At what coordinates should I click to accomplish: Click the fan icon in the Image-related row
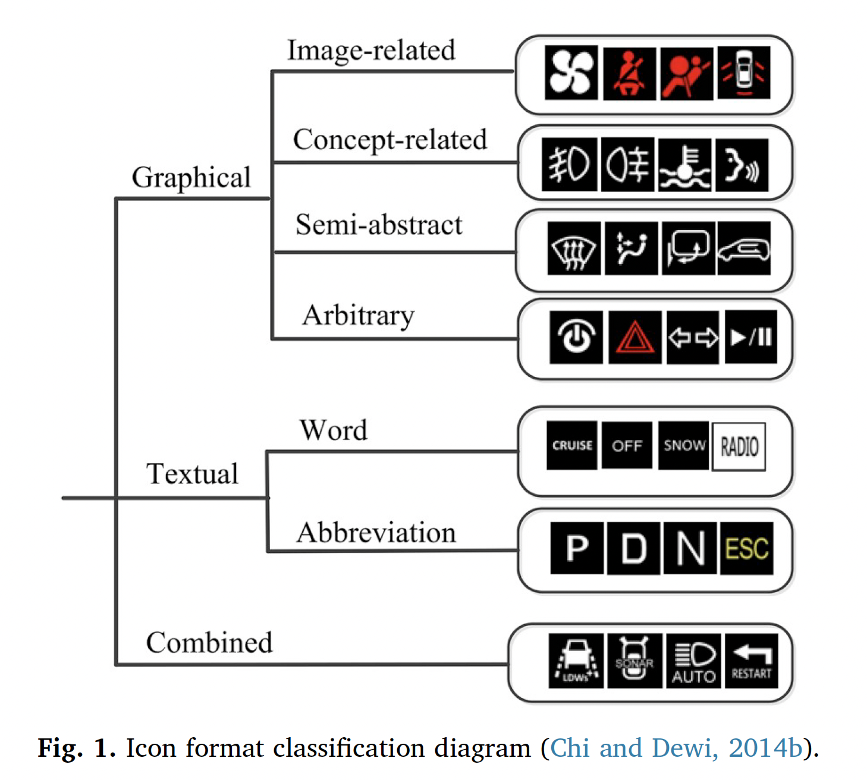pyautogui.click(x=571, y=73)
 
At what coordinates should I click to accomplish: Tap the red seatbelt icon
pyautogui.click(x=629, y=74)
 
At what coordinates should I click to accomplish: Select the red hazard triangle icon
pyautogui.click(x=634, y=337)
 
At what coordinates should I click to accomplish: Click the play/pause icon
pyautogui.click(x=751, y=337)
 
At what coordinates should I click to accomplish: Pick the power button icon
pyautogui.click(x=576, y=337)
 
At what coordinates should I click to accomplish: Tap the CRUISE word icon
pyautogui.click(x=572, y=445)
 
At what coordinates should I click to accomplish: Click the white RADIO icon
pyautogui.click(x=739, y=446)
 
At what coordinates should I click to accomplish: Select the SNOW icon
pyautogui.click(x=684, y=445)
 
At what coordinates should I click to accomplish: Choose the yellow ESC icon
pyautogui.click(x=747, y=548)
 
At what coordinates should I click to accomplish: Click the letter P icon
pyautogui.click(x=577, y=548)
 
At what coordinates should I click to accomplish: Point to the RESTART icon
pyautogui.click(x=752, y=661)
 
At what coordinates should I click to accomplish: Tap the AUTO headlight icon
pyautogui.click(x=693, y=661)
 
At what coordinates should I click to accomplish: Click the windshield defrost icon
pyautogui.click(x=574, y=249)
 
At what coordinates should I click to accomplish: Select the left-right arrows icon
pyautogui.click(x=693, y=337)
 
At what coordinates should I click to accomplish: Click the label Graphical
pyautogui.click(x=191, y=178)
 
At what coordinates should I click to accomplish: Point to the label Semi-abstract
pyautogui.click(x=379, y=225)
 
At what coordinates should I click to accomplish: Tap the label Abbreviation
pyautogui.click(x=376, y=533)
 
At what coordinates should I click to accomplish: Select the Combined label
pyautogui.click(x=209, y=643)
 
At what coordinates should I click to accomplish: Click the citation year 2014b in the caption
pyautogui.click(x=765, y=748)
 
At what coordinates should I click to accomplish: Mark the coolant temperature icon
pyautogui.click(x=685, y=165)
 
